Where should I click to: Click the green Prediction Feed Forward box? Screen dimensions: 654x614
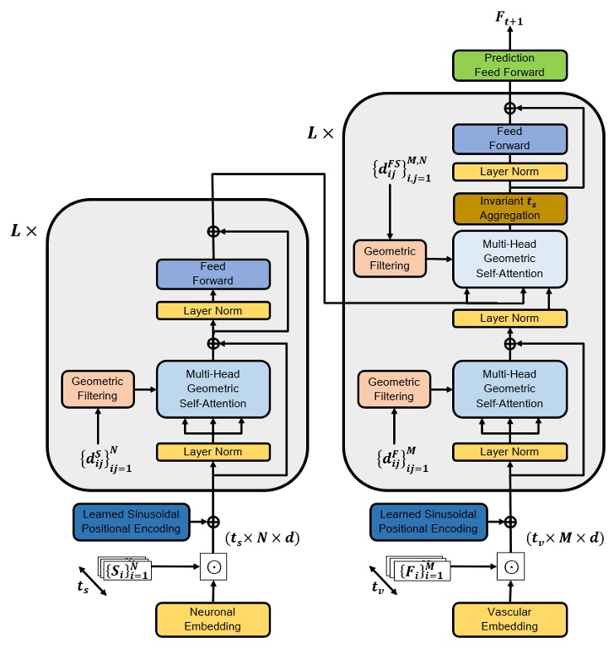coord(509,65)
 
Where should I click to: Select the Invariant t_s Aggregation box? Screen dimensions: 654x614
coord(509,208)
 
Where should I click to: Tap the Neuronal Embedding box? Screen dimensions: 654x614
coord(213,619)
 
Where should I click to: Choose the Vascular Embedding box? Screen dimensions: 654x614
coord(509,619)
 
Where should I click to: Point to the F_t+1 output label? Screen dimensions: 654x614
coord(509,16)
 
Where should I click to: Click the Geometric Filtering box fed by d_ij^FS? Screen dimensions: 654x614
coord(390,258)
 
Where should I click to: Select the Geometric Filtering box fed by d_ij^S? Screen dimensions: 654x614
coord(97,389)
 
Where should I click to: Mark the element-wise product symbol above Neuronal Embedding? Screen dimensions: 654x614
coord(213,566)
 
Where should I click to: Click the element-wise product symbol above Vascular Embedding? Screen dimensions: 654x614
coord(509,566)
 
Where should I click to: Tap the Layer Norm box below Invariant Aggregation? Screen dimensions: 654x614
coord(509,319)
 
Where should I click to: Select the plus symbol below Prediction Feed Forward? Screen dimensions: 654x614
coord(509,108)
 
